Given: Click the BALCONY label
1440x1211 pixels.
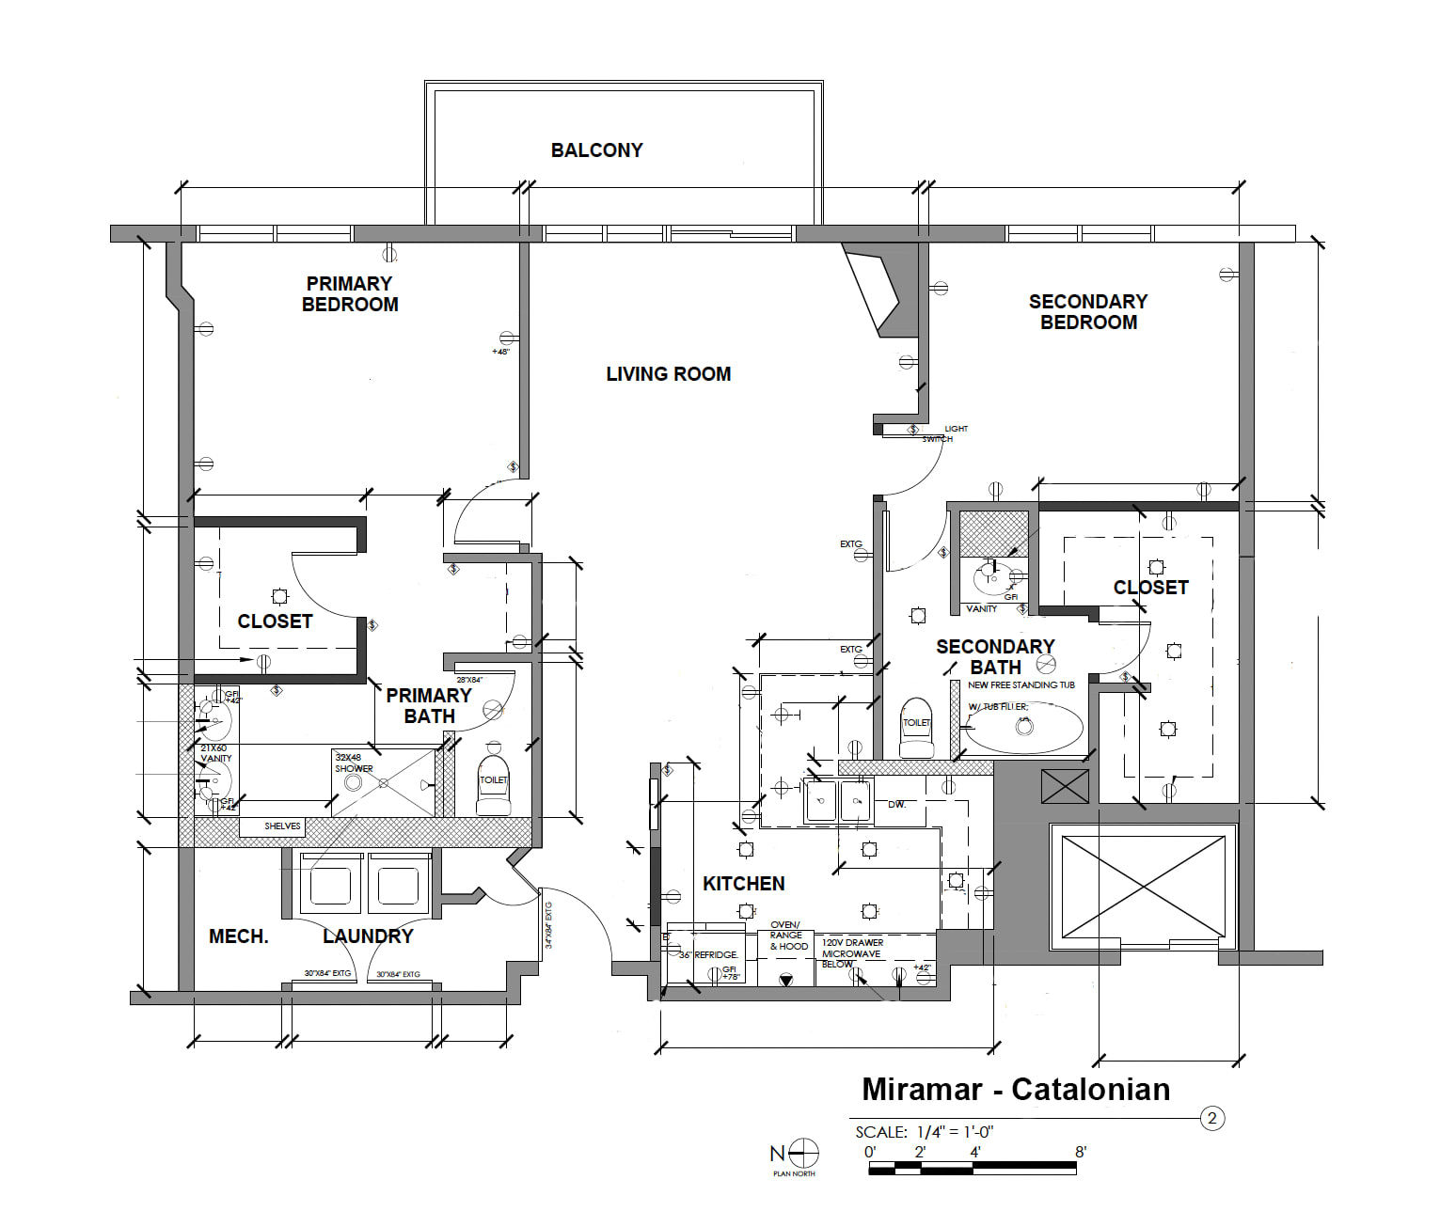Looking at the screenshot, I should [x=596, y=150].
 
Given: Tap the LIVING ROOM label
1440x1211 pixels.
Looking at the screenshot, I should [x=668, y=374].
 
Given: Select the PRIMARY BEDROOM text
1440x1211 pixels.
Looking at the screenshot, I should [x=350, y=294].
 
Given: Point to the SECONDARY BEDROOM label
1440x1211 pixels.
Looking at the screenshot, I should [x=1088, y=312].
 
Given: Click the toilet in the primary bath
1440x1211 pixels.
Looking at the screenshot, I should [x=493, y=785].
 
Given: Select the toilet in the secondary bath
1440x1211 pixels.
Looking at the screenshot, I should [x=916, y=729].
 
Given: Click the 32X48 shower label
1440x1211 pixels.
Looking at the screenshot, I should [x=354, y=763].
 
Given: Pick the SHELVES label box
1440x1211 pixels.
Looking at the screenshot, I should [x=282, y=826].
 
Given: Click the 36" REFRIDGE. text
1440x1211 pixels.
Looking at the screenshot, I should [x=708, y=955].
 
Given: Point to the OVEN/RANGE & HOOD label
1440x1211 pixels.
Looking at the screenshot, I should [x=787, y=936].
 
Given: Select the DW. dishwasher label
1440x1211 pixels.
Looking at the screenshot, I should [x=896, y=805].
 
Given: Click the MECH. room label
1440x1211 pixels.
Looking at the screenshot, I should [x=238, y=936].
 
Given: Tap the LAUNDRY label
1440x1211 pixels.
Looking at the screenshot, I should [x=368, y=936].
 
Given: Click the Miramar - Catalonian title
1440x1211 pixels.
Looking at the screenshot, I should [x=1016, y=1090].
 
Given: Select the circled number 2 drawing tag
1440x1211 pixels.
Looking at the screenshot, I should [x=1212, y=1118].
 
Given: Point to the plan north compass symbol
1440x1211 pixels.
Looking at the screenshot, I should [x=802, y=1153].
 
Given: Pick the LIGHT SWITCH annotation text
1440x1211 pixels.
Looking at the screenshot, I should [x=944, y=433].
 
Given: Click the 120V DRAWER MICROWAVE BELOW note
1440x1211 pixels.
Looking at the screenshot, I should [x=852, y=952].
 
